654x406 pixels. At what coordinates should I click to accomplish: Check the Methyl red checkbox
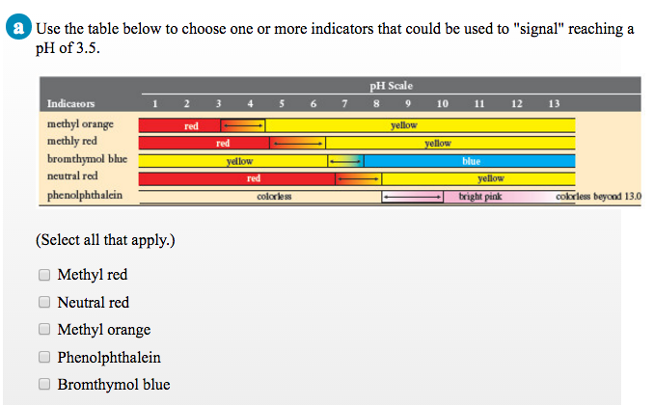click(x=43, y=275)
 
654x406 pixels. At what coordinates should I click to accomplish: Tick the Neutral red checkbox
click(x=43, y=303)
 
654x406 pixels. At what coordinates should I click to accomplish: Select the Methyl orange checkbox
click(x=43, y=330)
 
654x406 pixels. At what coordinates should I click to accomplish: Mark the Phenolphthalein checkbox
click(x=43, y=358)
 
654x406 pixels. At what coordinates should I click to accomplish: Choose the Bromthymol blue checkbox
click(x=43, y=385)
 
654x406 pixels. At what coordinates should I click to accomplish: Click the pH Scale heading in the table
click(x=391, y=86)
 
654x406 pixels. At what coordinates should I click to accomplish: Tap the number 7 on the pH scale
click(x=343, y=103)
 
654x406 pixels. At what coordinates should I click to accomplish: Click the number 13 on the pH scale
click(x=553, y=103)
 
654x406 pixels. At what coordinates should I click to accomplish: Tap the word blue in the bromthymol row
click(x=471, y=161)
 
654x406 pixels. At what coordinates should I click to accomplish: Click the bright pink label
click(x=479, y=197)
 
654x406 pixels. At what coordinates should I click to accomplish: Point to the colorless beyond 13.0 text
click(x=598, y=197)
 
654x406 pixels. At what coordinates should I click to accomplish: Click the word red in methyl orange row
click(x=191, y=126)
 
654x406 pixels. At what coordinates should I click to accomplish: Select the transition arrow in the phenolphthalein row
click(x=412, y=197)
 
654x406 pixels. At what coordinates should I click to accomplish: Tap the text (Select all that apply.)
click(x=105, y=239)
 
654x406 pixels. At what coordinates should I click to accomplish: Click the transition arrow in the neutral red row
click(x=358, y=179)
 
